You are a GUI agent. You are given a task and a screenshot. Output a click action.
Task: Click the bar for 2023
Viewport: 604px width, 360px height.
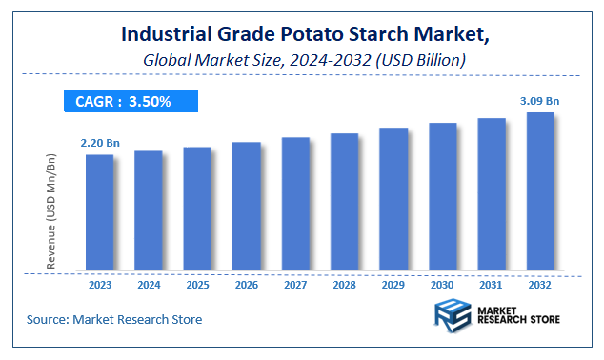click(99, 212)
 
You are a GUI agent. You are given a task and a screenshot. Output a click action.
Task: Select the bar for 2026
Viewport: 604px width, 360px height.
click(247, 207)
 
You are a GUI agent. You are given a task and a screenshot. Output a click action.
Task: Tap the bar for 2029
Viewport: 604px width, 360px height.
click(393, 199)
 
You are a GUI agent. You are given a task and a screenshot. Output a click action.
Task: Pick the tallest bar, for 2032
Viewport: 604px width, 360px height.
click(541, 191)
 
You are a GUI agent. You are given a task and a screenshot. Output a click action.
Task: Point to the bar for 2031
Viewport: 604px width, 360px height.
click(492, 194)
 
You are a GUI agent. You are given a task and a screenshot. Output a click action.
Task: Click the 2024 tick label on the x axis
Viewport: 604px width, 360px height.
click(149, 283)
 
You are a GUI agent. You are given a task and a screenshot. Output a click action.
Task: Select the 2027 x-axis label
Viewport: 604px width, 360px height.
click(295, 283)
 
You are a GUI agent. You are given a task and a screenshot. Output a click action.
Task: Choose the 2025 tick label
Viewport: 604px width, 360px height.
click(197, 283)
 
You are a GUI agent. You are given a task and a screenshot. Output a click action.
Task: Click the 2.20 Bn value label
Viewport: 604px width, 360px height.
click(100, 143)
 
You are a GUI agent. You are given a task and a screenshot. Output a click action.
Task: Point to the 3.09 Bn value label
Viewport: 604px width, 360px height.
click(540, 100)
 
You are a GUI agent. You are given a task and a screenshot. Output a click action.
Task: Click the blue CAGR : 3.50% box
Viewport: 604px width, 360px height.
click(131, 101)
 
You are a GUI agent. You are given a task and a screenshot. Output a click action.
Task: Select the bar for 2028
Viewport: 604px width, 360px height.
click(345, 202)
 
